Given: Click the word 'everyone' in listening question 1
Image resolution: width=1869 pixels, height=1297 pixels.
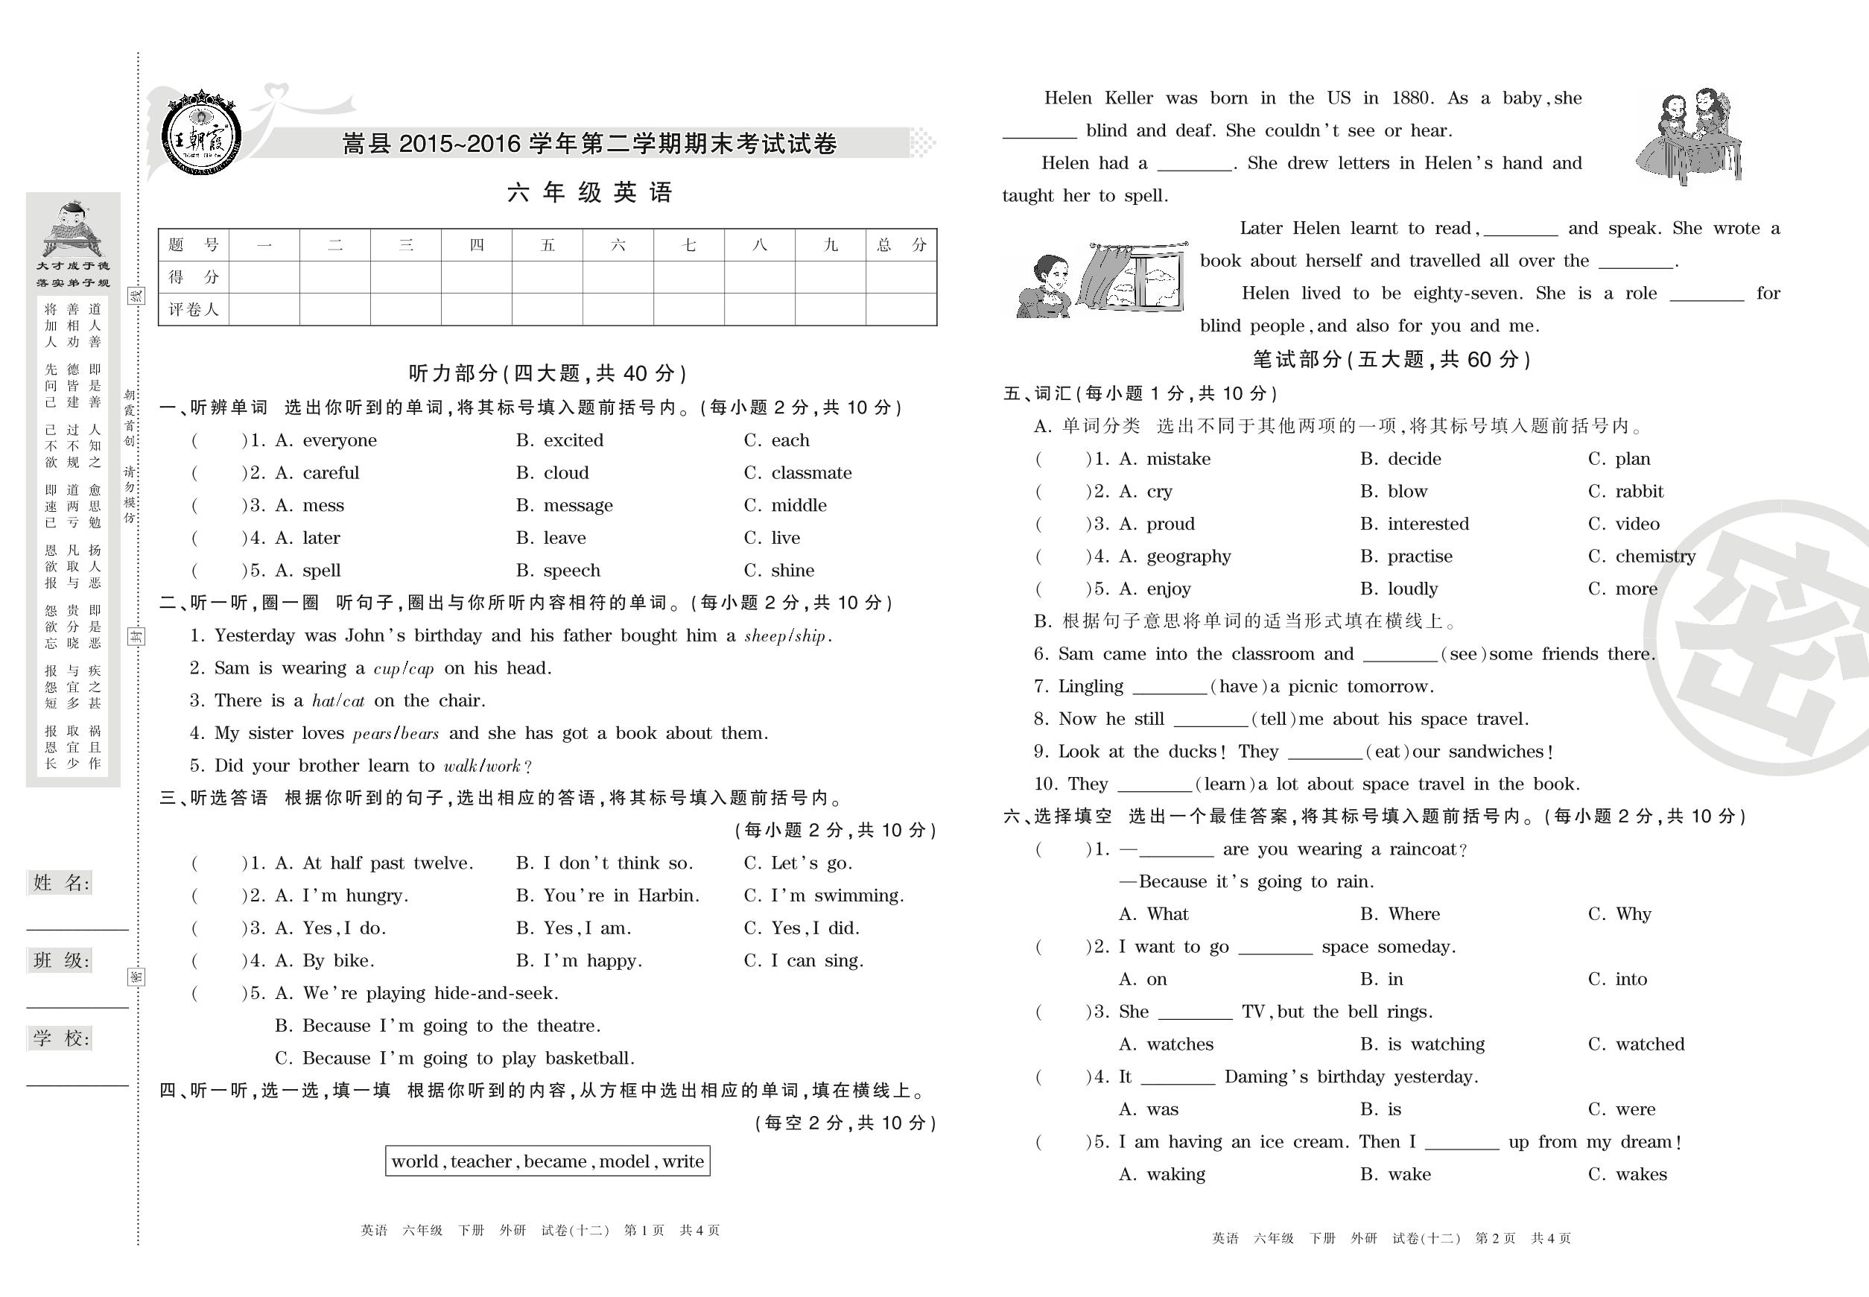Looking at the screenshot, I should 339,440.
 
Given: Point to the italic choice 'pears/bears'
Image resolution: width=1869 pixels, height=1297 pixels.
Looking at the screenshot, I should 396,734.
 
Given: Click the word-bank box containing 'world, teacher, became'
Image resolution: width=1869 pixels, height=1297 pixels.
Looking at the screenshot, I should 548,1161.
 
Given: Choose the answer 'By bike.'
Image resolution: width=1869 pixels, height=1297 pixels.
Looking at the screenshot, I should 338,960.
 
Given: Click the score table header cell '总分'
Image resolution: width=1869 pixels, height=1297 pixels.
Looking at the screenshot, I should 901,244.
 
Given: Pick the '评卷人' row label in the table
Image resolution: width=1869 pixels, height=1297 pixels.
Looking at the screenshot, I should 194,310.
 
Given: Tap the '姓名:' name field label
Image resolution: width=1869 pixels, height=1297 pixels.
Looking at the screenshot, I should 61,883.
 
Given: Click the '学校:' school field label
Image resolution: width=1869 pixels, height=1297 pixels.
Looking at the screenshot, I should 61,1038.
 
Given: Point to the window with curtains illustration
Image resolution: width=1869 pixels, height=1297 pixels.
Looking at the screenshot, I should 1133,278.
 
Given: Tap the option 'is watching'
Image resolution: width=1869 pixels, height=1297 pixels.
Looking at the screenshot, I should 1436,1044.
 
